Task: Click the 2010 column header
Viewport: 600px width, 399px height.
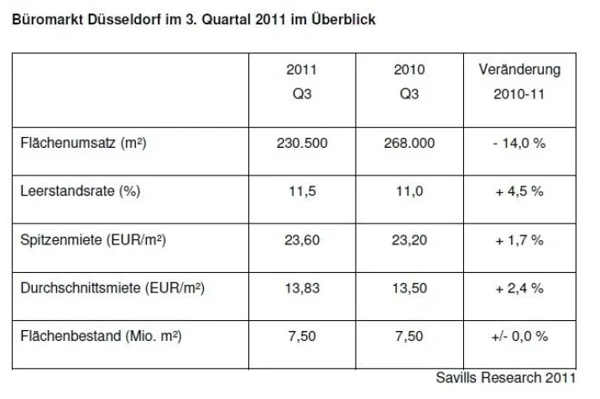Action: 410,81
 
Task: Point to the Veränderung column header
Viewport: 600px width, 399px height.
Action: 519,70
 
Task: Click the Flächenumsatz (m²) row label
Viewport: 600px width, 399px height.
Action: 83,144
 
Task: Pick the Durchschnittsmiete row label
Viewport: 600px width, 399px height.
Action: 112,289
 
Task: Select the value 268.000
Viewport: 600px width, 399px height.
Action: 410,144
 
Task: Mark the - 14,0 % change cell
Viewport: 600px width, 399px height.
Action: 519,144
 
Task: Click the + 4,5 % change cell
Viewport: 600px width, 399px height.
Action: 519,192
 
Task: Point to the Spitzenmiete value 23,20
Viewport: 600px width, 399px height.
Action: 410,240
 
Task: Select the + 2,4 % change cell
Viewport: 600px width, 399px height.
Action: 519,289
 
